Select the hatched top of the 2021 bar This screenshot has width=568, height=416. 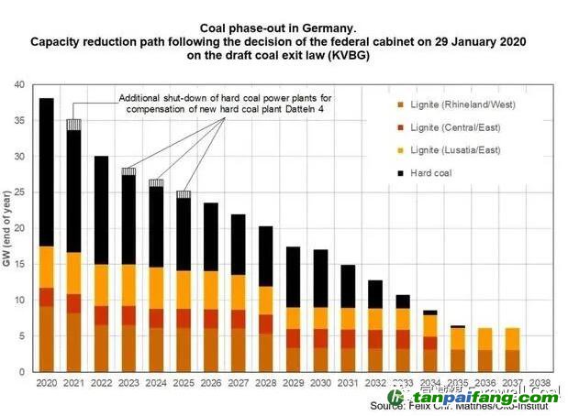73,125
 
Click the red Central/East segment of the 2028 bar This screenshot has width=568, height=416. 265,323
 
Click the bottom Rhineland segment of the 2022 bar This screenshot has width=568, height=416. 101,348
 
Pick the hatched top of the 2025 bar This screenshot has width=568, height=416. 184,194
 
